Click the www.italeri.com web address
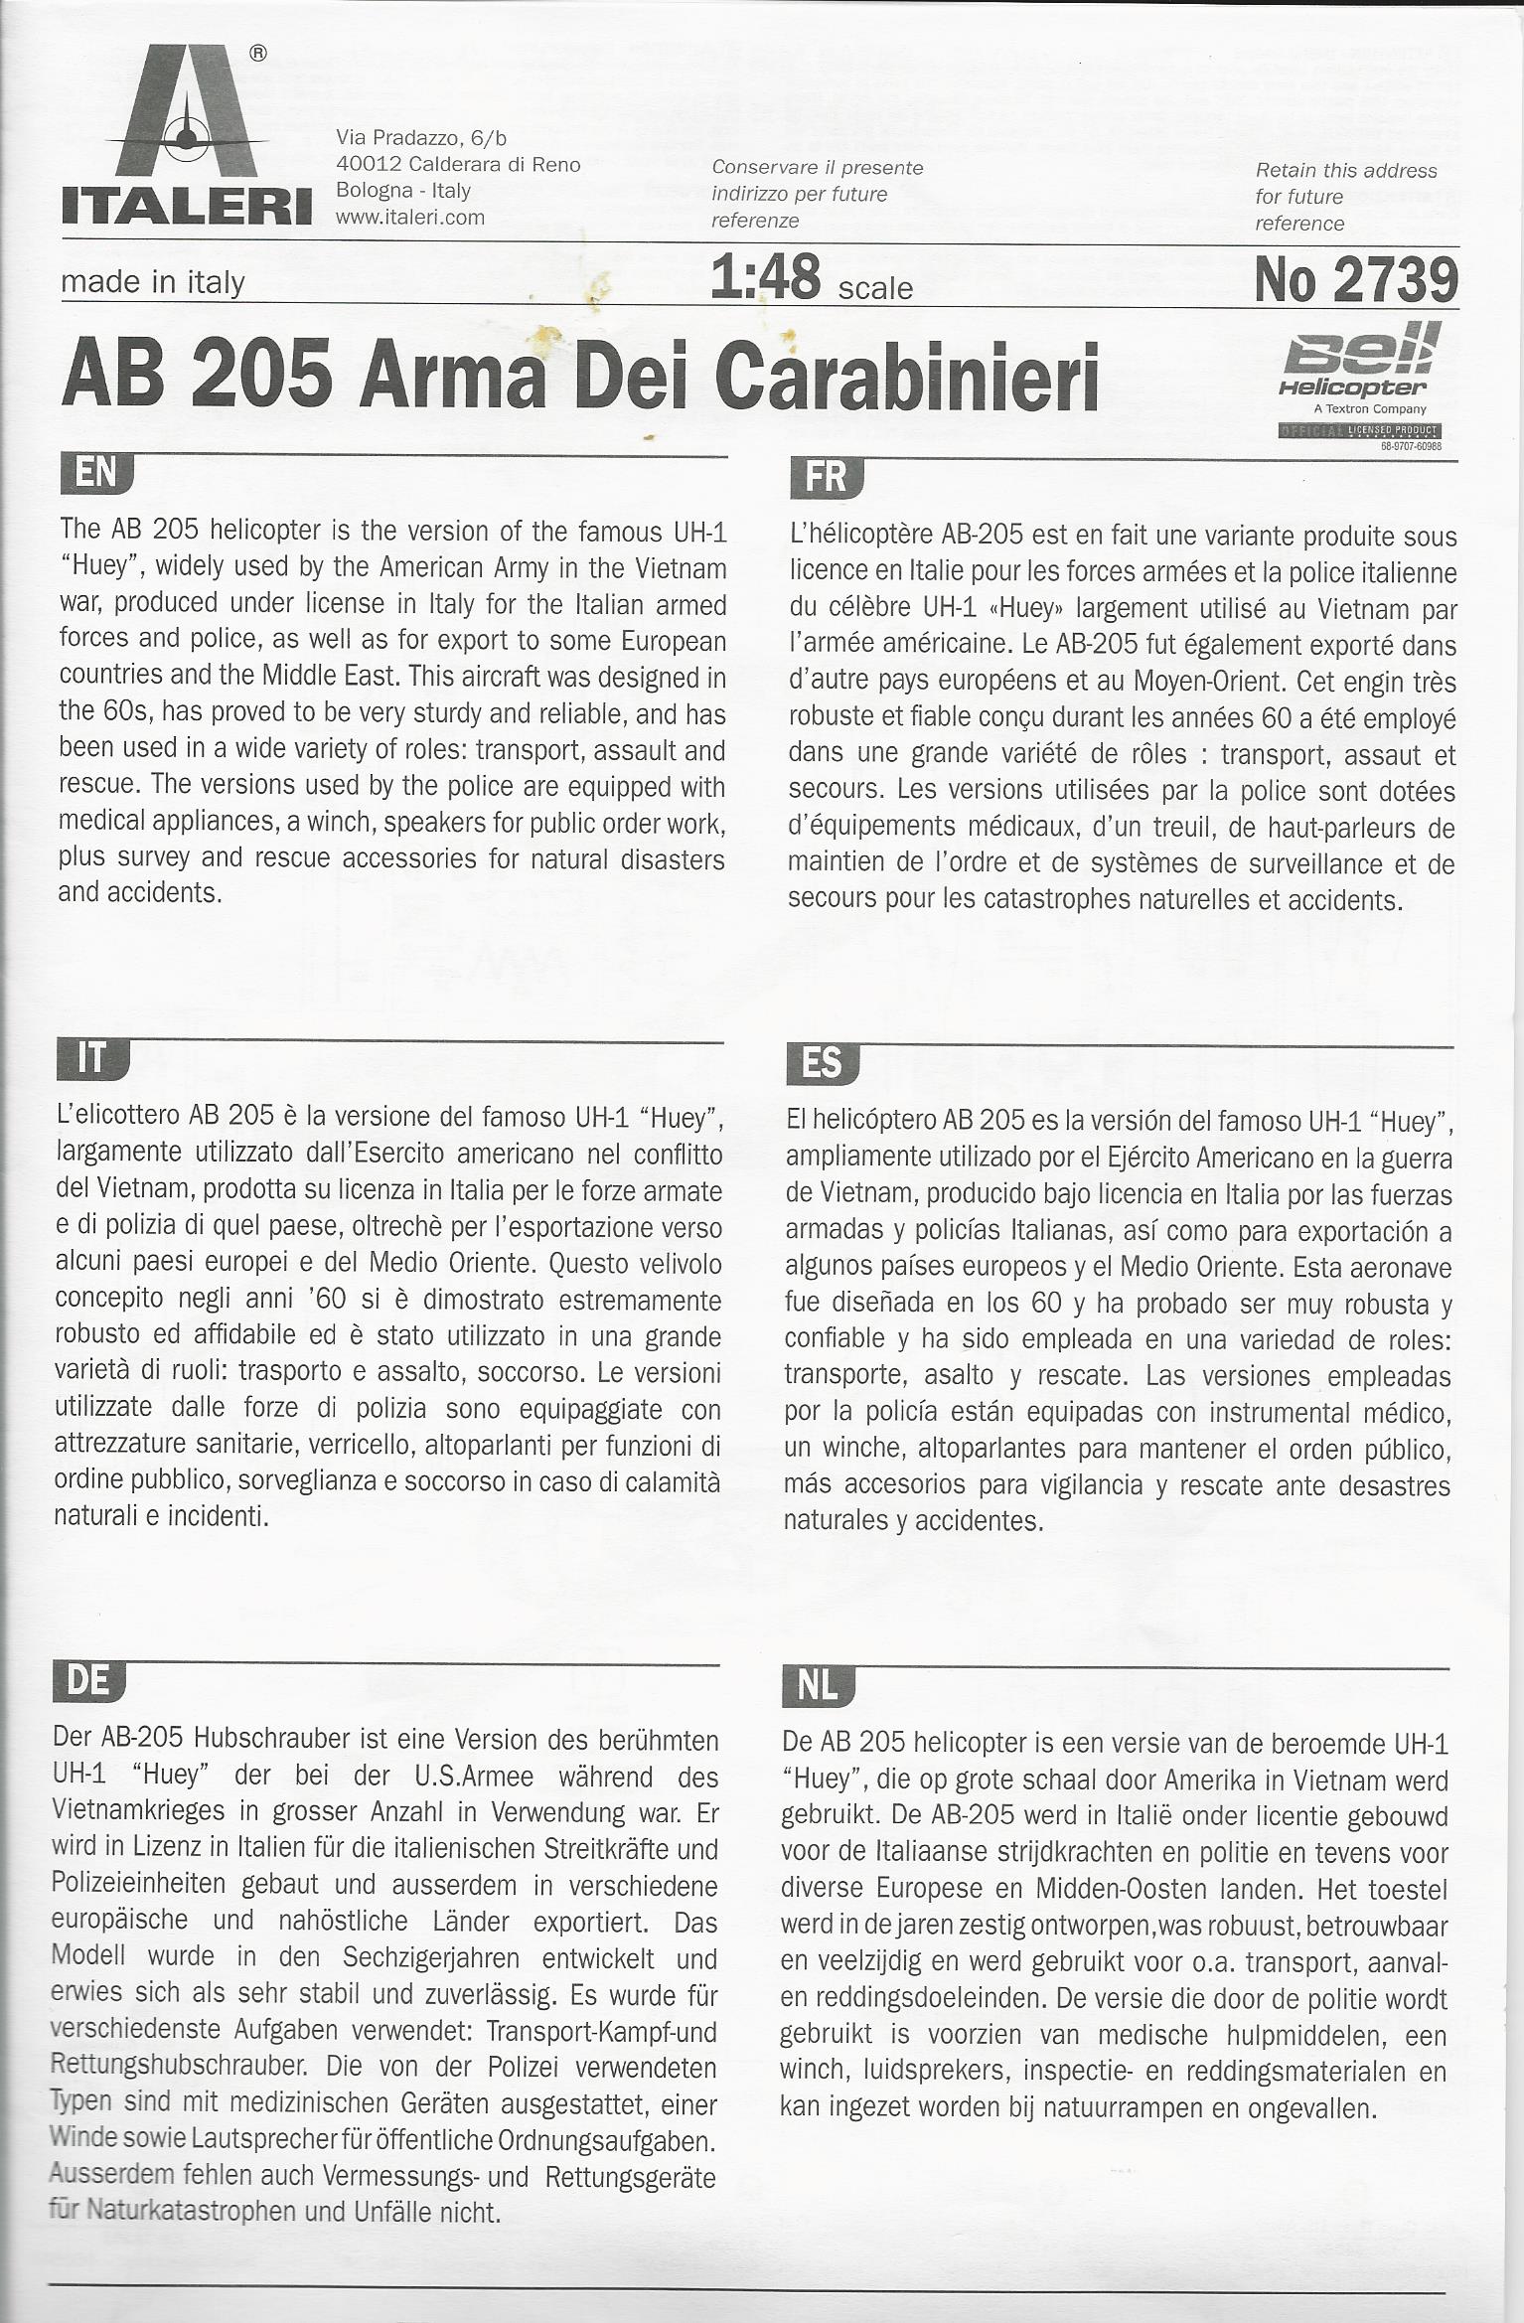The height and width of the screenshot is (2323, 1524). tap(410, 217)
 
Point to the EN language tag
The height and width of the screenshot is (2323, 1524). tap(96, 474)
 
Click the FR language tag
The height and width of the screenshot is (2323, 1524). tap(825, 478)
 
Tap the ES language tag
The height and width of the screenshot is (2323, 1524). tap(822, 1065)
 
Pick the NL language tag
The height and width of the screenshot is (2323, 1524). tap(818, 1687)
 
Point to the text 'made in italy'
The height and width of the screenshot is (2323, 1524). tap(152, 282)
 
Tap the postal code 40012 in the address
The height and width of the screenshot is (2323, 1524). tap(368, 164)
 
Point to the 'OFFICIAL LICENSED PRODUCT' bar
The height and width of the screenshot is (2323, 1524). tap(1359, 429)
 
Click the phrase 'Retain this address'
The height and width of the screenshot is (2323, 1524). tap(1345, 170)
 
